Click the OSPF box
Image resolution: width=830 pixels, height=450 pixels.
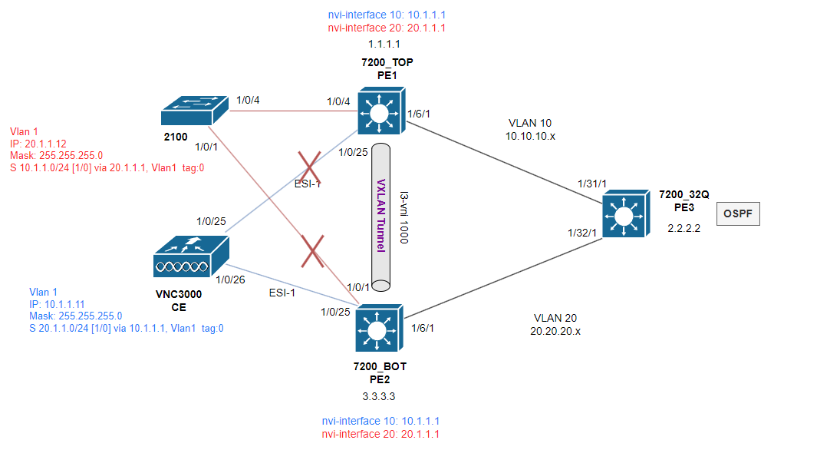tap(738, 213)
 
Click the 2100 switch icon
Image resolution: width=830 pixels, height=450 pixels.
tap(194, 111)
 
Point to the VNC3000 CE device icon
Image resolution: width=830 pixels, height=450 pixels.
tap(191, 256)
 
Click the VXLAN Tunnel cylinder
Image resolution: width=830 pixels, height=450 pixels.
tap(380, 217)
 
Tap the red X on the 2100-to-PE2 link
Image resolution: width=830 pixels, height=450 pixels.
tap(312, 252)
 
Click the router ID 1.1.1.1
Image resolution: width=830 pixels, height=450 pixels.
tap(384, 44)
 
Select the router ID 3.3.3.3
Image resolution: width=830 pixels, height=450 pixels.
tap(379, 396)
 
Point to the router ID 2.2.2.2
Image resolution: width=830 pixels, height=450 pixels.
tap(684, 228)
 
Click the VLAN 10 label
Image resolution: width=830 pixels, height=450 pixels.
tap(530, 123)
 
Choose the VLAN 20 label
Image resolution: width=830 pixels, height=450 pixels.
tap(555, 318)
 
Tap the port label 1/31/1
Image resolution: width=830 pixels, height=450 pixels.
tap(591, 184)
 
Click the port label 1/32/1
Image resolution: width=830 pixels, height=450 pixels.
tap(582, 233)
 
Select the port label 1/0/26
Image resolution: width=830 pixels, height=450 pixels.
tap(230, 280)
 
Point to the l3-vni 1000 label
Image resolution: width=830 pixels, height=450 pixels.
tap(404, 218)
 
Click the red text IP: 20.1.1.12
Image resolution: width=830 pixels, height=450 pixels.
tap(38, 144)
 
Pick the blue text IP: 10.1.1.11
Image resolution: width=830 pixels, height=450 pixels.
tap(58, 304)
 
